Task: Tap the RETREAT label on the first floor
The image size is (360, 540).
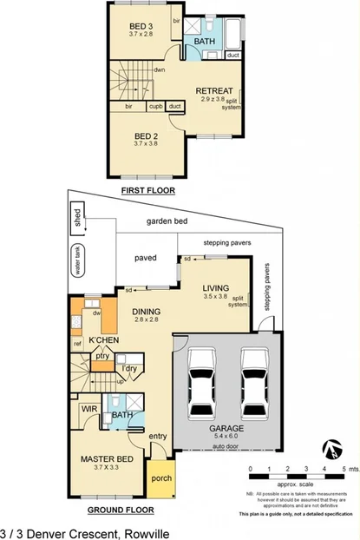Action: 213,90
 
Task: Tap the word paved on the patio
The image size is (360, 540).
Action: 144,258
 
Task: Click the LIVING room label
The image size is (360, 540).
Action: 215,288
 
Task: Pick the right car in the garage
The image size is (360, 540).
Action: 254,381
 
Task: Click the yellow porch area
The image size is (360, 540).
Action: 161,478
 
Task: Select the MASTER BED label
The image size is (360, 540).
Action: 106,458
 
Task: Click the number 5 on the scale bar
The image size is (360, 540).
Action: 344,469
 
